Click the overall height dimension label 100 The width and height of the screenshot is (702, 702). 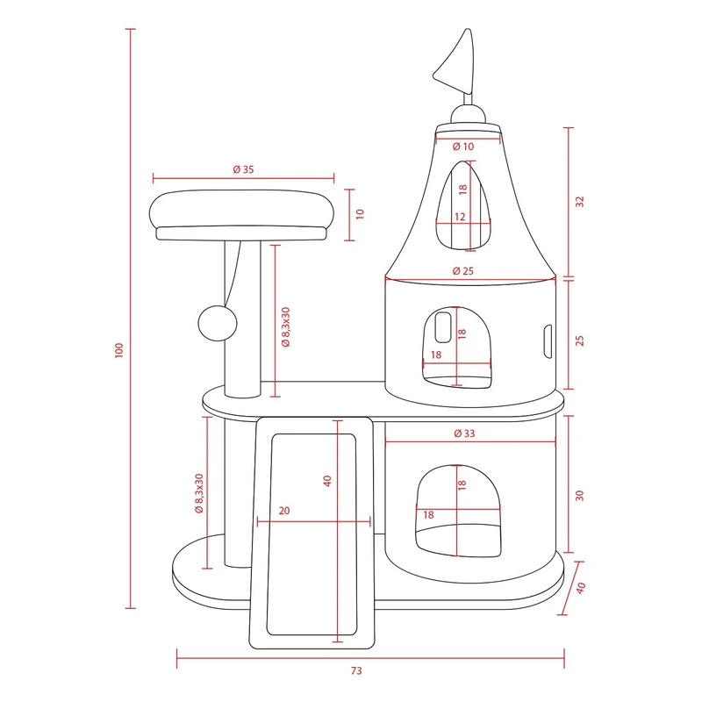click(118, 350)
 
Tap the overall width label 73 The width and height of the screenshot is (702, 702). click(356, 670)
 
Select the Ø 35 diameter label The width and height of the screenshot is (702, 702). click(244, 169)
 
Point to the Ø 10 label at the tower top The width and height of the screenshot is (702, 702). click(463, 147)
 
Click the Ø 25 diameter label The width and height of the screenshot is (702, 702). click(463, 271)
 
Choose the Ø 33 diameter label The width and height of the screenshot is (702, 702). click(464, 433)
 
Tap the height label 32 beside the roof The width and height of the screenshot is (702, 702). click(580, 202)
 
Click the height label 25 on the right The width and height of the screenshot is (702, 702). click(580, 340)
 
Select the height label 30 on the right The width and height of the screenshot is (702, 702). click(580, 496)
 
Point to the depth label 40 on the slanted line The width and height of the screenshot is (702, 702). click(581, 588)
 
